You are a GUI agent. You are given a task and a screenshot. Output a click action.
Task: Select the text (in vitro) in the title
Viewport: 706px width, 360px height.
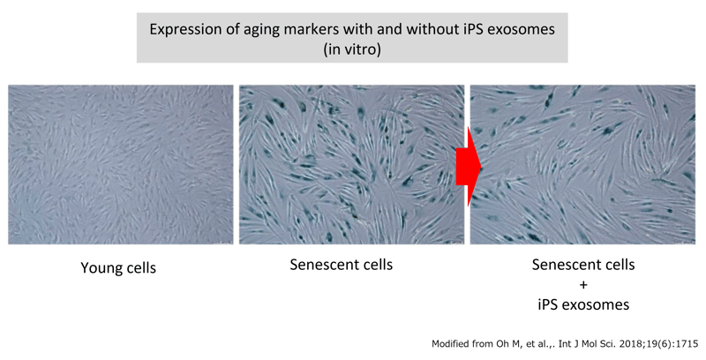coord(351,49)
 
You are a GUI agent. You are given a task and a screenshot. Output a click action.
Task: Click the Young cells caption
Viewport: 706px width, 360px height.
coord(118,267)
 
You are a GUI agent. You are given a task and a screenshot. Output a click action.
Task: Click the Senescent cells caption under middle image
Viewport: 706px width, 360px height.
coord(342,265)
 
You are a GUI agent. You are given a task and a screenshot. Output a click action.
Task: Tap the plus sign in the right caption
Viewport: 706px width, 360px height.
coord(582,284)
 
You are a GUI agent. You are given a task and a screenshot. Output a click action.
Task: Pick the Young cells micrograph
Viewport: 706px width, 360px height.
coord(121,164)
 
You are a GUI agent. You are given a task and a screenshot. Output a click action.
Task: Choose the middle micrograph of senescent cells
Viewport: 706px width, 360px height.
coord(350,164)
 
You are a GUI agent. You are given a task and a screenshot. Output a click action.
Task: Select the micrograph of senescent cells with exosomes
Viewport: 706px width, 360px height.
coord(583,164)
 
